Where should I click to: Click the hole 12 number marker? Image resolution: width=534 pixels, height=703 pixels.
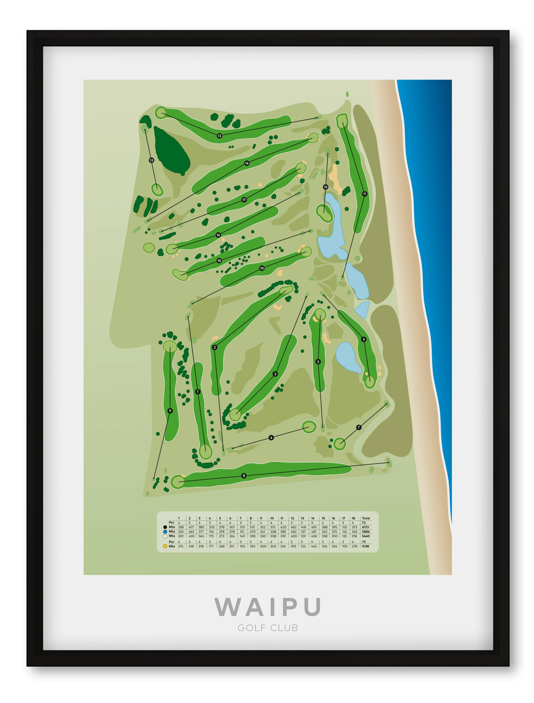(219, 136)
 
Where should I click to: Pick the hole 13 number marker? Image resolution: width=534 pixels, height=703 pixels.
(151, 160)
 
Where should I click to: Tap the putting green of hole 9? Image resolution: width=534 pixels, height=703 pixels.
(170, 346)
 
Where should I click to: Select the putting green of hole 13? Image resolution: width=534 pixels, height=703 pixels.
(157, 190)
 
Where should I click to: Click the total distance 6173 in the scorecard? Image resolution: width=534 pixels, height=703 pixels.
(365, 527)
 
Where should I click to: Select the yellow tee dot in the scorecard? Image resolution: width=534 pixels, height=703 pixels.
(165, 546)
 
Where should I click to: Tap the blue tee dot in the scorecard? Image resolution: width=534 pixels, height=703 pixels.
(165, 531)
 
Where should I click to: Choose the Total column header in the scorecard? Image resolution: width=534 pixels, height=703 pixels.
(366, 518)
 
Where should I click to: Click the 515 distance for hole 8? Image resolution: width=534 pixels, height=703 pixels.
(252, 527)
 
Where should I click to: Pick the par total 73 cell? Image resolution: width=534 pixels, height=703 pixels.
(364, 542)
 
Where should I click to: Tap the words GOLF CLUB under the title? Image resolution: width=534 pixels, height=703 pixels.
(268, 628)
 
